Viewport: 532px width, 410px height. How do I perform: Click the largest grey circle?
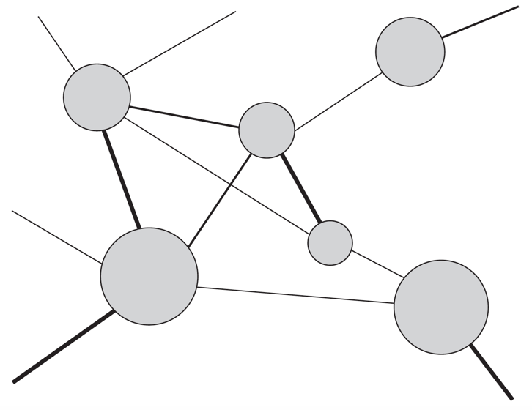click(x=149, y=277)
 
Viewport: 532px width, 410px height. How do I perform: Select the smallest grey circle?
click(x=330, y=242)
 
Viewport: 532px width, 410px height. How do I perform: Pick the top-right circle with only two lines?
click(x=410, y=52)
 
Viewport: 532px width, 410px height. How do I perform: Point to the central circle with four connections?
click(x=267, y=130)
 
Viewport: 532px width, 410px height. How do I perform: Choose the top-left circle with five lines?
click(x=97, y=97)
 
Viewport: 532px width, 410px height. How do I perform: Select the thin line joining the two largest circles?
click(x=296, y=295)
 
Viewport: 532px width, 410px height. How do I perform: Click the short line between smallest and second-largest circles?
click(x=377, y=265)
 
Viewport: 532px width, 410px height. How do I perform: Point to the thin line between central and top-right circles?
click(x=336, y=100)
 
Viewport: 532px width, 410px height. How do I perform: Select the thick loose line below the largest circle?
click(x=62, y=346)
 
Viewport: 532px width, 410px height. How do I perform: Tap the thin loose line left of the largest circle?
click(x=56, y=236)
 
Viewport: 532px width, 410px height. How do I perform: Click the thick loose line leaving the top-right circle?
click(x=480, y=22)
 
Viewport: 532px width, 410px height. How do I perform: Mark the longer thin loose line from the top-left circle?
click(x=179, y=43)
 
